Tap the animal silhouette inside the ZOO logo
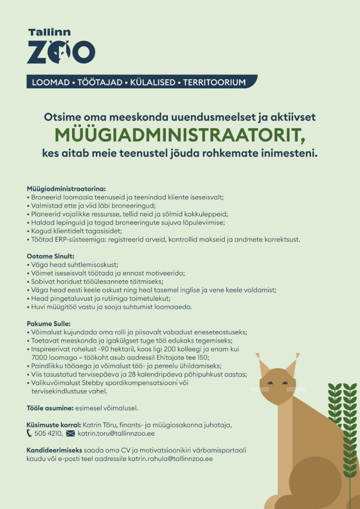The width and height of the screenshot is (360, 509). (x=62, y=53)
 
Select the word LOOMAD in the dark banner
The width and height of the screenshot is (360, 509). (x=50, y=82)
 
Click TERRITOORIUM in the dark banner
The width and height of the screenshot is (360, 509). (x=214, y=82)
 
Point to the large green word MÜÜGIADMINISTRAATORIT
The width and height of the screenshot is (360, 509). (x=180, y=135)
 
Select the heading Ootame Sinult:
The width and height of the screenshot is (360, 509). (x=50, y=256)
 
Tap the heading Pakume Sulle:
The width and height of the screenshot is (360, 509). (x=49, y=324)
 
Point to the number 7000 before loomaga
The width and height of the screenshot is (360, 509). (x=40, y=357)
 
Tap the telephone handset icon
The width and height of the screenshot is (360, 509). (x=30, y=434)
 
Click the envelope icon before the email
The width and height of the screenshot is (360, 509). (x=70, y=434)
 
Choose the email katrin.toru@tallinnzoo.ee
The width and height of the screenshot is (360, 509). (x=116, y=434)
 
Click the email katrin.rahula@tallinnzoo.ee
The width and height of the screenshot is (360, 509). (x=171, y=459)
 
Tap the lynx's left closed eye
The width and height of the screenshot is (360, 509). (x=270, y=383)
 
